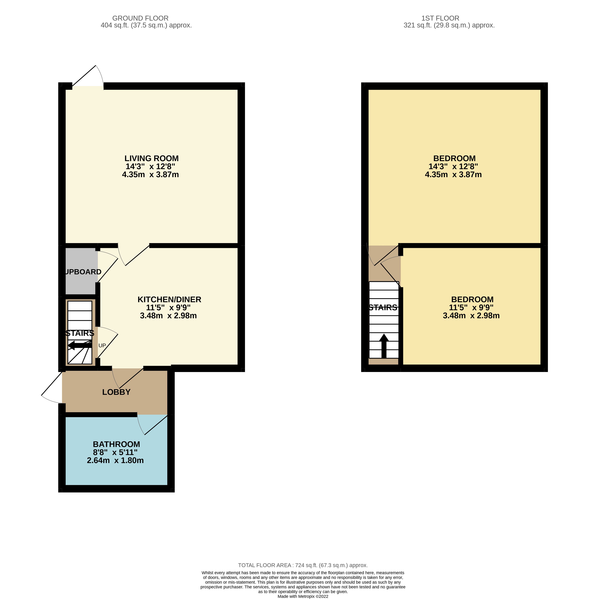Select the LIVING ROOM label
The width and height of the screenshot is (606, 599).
152,159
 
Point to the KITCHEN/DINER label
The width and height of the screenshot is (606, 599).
169,300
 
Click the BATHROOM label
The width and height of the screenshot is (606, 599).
116,444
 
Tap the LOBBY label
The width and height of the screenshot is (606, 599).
116,392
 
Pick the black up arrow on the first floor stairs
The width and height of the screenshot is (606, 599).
384,346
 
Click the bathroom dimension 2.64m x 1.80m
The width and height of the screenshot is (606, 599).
115,460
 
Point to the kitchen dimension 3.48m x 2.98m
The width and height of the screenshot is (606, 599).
168,316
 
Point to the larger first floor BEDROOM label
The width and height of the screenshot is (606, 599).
454,159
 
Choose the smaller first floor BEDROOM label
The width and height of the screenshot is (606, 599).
472,300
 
